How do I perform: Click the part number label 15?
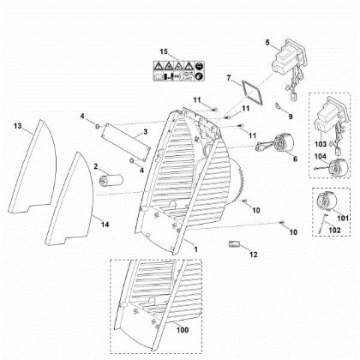tap(164, 51)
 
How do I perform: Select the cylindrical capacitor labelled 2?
tap(111, 180)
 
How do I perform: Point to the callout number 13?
tap(18, 126)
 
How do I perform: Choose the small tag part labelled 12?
tap(234, 244)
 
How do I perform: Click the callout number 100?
tap(183, 330)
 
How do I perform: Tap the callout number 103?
tap(321, 144)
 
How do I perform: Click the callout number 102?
tap(335, 230)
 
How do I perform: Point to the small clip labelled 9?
tap(278, 106)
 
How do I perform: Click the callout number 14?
tap(105, 225)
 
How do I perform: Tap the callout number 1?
tap(195, 249)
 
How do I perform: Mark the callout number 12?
tap(254, 255)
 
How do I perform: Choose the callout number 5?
tap(267, 43)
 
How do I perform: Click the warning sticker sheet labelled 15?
tap(178, 71)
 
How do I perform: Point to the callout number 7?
tap(229, 78)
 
